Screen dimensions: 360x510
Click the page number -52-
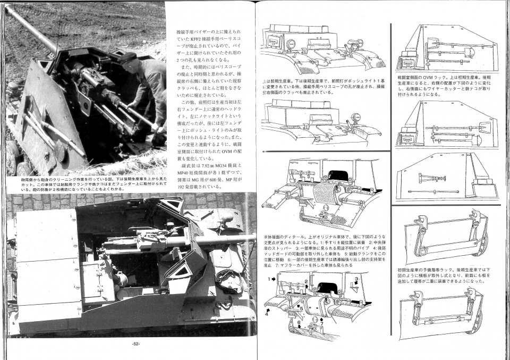click(x=135, y=344)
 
